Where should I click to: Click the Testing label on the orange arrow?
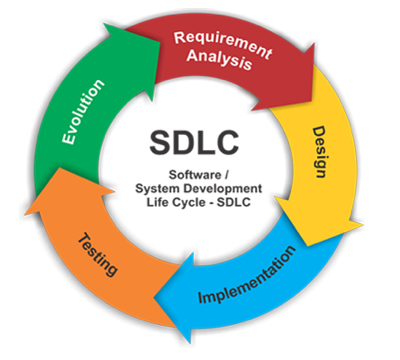99,253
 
